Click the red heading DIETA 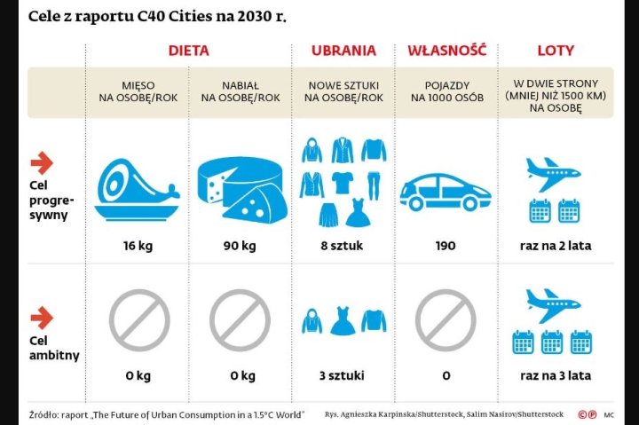[188, 51]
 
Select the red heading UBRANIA [343, 51]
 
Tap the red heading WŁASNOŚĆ [446, 51]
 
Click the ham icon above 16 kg [138, 188]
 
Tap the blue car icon [446, 188]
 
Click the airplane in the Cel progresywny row [554, 168]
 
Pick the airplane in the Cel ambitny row [554, 305]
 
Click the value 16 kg [139, 246]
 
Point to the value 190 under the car [446, 246]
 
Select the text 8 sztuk [343, 246]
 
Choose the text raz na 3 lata [556, 375]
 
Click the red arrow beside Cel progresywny [42, 162]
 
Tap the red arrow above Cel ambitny [42, 317]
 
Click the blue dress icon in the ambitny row [343, 320]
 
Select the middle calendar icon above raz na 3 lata [552, 342]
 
